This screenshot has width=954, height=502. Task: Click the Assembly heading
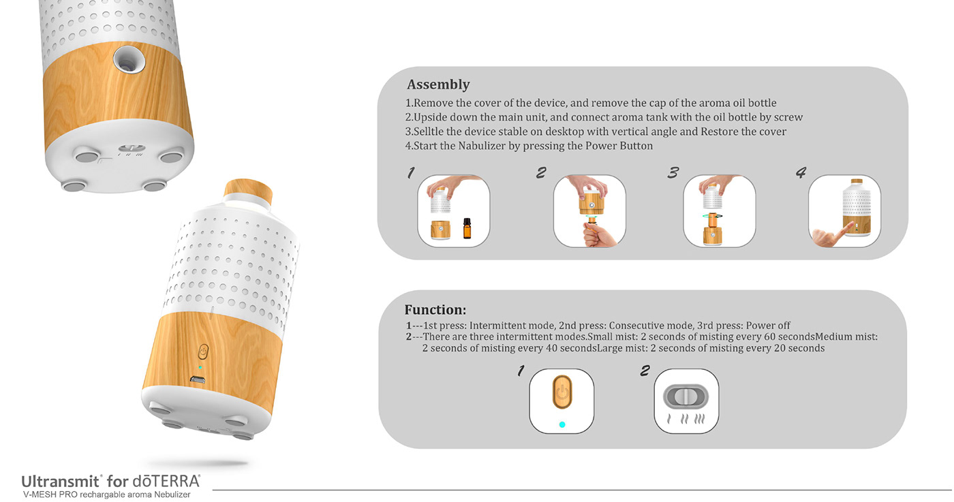[438, 85]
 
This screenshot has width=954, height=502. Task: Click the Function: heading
[435, 310]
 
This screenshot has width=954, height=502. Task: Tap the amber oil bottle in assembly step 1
[467, 228]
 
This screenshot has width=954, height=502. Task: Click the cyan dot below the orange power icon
[561, 424]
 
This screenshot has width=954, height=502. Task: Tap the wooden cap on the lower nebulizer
[248, 190]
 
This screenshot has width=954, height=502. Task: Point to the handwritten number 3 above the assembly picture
[673, 172]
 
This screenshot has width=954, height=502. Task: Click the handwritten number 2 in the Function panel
[645, 371]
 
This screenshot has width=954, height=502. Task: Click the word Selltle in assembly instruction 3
[431, 131]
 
